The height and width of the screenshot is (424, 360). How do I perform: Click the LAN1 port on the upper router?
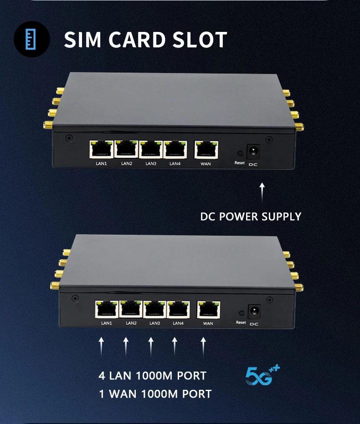(102, 149)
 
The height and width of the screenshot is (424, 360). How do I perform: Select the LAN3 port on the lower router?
(155, 310)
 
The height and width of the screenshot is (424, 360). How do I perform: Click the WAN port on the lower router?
(208, 310)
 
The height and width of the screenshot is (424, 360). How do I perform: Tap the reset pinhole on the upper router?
(239, 154)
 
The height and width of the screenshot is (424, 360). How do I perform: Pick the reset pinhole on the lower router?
(241, 313)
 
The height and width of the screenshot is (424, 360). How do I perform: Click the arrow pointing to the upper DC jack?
(262, 192)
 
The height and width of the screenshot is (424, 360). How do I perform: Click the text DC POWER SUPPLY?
(251, 216)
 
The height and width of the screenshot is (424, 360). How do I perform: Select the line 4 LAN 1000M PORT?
(152, 376)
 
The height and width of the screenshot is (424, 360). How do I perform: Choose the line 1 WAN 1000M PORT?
(155, 394)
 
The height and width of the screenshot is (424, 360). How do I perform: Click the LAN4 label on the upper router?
(175, 163)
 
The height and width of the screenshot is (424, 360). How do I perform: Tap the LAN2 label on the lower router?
(131, 323)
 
